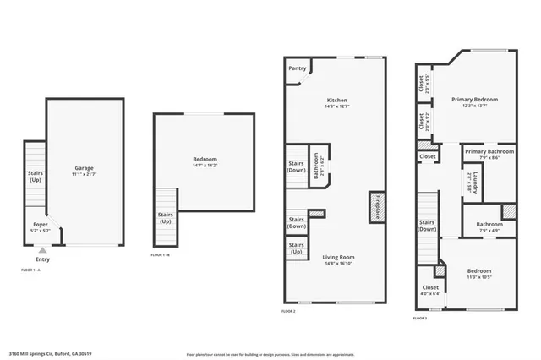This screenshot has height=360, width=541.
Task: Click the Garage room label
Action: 84,167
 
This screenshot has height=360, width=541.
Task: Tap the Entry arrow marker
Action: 42,250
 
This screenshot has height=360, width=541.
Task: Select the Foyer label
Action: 41,225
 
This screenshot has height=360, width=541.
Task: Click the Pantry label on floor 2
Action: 297,68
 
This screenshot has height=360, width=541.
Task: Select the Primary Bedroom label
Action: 473,99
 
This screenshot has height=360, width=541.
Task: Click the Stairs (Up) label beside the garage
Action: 35,177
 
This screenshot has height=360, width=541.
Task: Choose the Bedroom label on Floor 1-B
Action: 205,159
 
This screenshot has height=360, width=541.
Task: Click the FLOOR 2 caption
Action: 288,311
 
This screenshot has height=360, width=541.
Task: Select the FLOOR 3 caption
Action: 420,319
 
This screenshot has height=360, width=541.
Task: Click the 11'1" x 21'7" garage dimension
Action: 84,174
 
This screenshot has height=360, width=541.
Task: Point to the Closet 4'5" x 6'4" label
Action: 429,291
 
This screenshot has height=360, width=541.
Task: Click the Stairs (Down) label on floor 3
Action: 427,225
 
